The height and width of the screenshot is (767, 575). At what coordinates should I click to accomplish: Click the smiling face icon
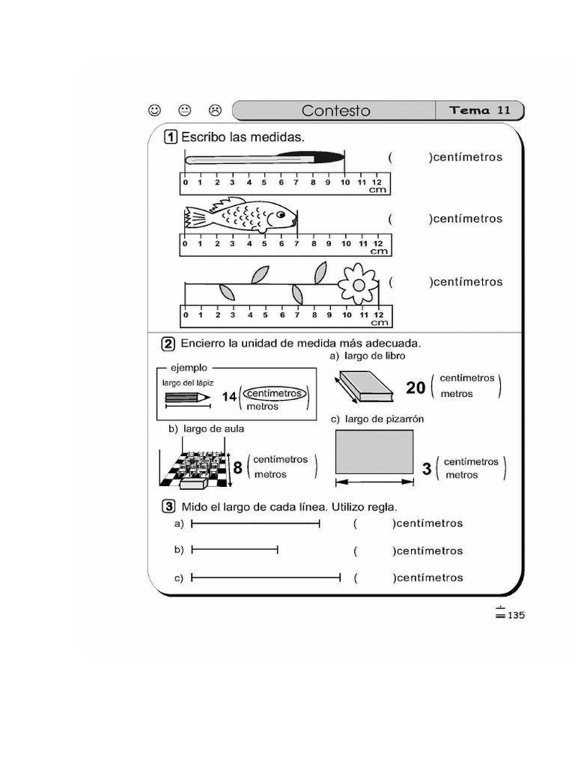point(154,110)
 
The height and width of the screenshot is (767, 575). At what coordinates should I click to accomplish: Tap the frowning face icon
point(215,110)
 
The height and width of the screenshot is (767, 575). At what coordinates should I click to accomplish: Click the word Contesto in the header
point(335,111)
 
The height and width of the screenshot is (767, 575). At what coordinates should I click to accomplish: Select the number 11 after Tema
point(503,110)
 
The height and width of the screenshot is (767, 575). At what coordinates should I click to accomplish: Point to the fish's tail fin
point(195,218)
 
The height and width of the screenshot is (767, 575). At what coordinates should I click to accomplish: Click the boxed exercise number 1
point(170,137)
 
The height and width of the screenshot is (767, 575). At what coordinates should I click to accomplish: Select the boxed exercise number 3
point(170,506)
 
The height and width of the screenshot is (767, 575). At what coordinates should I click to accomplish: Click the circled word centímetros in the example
point(274,393)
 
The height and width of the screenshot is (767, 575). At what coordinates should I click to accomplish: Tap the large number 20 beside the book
point(416,387)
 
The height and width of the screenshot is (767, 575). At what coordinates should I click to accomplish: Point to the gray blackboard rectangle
point(374,452)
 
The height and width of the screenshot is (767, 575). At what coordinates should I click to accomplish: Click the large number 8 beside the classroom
point(237,468)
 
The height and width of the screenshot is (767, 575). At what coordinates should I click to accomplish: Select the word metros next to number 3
point(461,475)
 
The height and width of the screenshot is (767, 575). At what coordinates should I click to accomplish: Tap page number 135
point(517,616)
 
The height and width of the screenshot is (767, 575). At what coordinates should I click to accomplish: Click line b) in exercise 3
point(234,550)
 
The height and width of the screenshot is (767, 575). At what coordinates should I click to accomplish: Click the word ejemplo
point(189,368)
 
